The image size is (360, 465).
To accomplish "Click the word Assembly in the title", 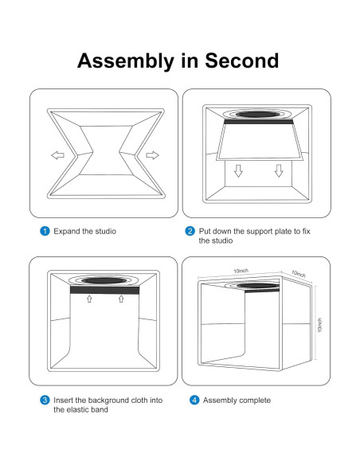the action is (125, 61).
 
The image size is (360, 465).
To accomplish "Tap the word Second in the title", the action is (241, 61).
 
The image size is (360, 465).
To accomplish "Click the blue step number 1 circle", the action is (45, 231).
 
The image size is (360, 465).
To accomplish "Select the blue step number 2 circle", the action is (190, 231).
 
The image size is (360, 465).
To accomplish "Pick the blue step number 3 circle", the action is (45, 400).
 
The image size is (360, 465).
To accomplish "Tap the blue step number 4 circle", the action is (194, 400).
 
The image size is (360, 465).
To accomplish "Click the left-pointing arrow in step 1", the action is (58, 155).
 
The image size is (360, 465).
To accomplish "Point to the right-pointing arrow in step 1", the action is (152, 155).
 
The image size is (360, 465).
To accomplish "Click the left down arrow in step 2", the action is (238, 171).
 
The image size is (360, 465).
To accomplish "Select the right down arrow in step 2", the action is (279, 171).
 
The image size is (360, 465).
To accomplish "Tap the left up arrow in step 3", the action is (89, 299).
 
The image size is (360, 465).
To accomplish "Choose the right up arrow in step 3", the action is (121, 299).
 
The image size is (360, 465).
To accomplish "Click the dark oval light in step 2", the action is (257, 114).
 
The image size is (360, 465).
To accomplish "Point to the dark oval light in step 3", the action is (104, 280).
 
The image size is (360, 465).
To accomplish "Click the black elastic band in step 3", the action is (104, 290).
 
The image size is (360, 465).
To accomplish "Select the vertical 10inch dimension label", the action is (319, 325).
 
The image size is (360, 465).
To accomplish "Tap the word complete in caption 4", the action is (255, 401).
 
